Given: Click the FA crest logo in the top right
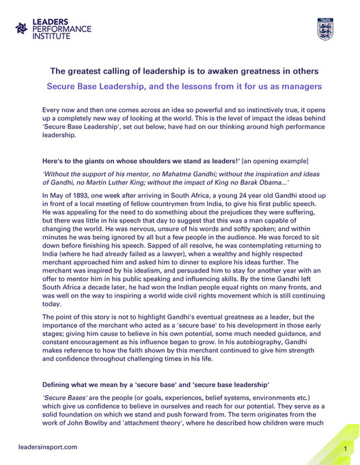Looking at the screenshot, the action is pyautogui.click(x=324, y=29).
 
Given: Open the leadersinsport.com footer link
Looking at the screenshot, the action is pyautogui.click(x=47, y=447).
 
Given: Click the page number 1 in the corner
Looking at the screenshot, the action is pyautogui.click(x=346, y=449).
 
